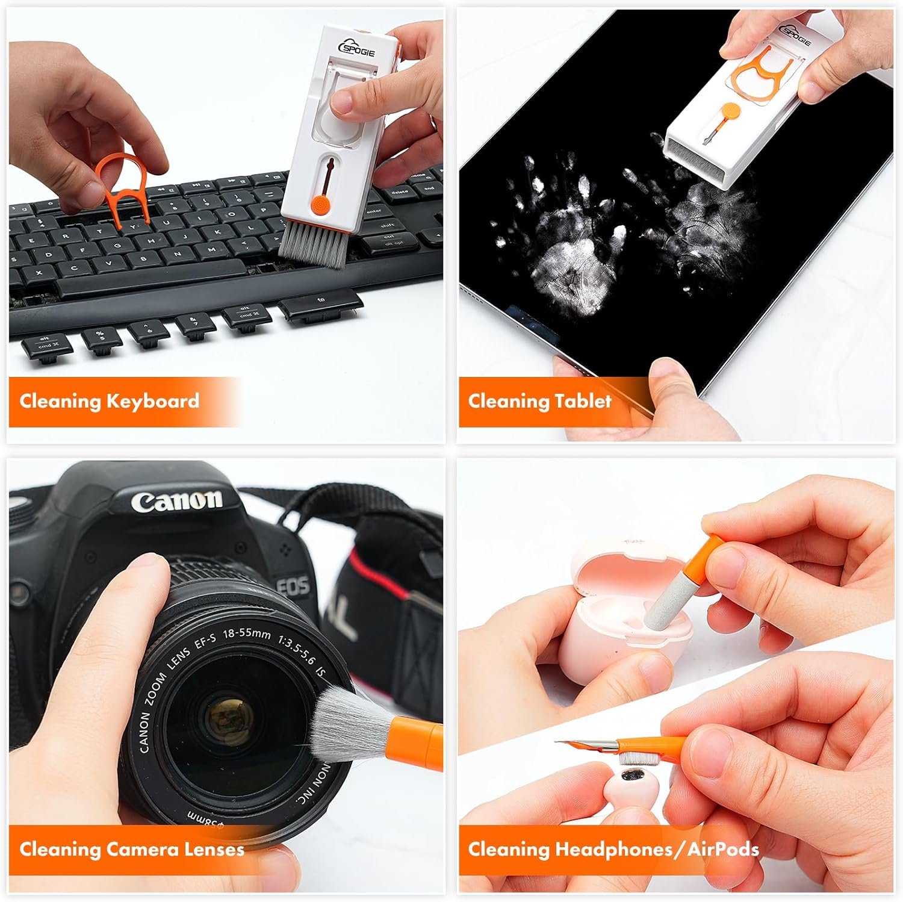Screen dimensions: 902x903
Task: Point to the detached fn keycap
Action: click(320, 306)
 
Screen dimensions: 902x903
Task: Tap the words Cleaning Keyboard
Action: click(109, 401)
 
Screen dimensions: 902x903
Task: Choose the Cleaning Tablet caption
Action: click(539, 401)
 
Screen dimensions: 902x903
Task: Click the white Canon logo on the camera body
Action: click(177, 500)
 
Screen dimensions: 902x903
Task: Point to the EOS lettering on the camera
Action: click(293, 585)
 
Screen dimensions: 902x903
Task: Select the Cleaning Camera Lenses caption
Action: click(132, 849)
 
